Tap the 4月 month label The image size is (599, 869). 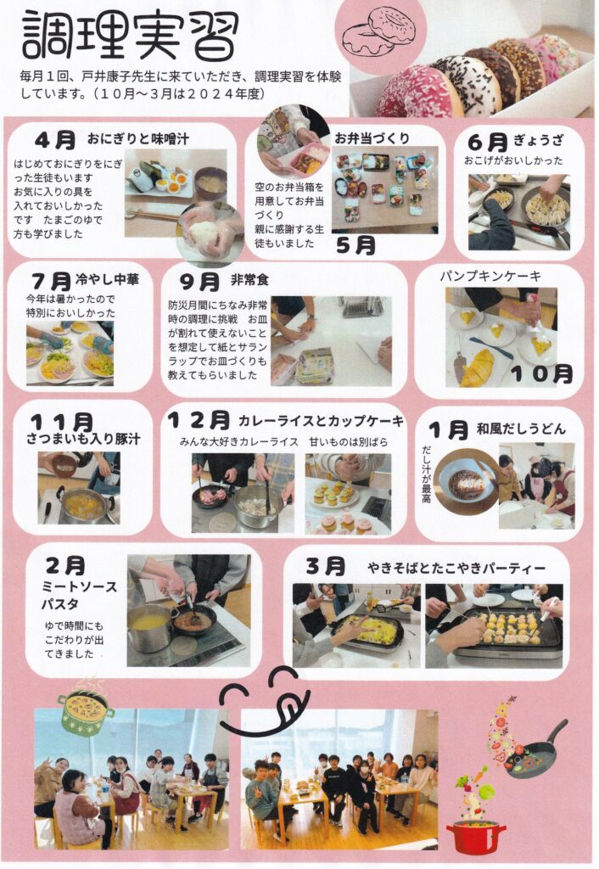[55, 140]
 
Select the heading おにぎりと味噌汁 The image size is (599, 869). [138, 139]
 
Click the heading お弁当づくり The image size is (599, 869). [372, 138]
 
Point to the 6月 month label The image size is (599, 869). [488, 142]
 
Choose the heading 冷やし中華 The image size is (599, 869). [107, 279]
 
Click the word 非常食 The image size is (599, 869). [250, 280]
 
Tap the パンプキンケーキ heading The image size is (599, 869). [490, 276]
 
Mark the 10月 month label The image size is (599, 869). [541, 374]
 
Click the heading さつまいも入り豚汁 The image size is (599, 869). [84, 439]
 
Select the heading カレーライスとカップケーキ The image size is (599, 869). [321, 421]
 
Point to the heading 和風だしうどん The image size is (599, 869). [522, 429]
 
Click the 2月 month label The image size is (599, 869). [65, 565]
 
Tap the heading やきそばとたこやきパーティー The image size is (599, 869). [456, 568]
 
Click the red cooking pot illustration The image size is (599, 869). [475, 836]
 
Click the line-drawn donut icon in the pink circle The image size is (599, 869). [379, 32]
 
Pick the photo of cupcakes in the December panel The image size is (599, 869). [348, 494]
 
